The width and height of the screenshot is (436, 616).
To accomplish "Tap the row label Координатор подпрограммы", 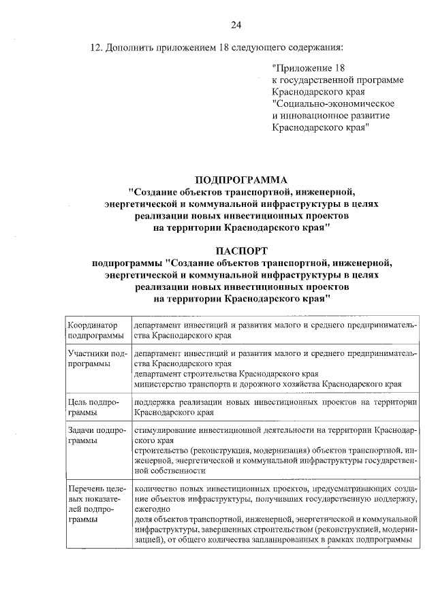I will pos(95,330).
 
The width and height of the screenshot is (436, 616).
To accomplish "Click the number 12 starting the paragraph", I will pos(96,48).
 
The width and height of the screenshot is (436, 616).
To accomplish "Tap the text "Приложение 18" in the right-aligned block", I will pos(309,68).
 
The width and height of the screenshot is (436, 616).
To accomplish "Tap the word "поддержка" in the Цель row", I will pos(156,402).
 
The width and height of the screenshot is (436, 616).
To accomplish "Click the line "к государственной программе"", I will pos(338,80).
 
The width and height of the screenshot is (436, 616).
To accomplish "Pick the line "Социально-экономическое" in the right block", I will pos(333,103).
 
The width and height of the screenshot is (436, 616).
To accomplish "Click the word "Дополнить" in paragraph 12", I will pos(130,48).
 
